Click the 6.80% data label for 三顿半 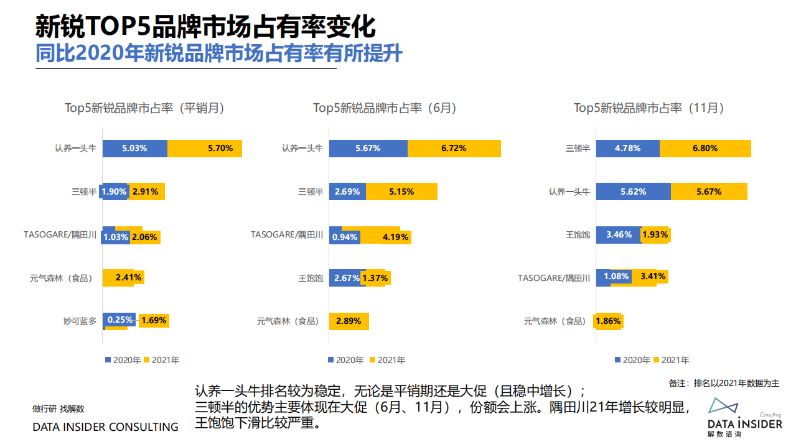tap(705, 149)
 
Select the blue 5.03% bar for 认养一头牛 tap(134, 149)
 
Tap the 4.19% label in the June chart tap(395, 237)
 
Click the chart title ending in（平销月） tap(144, 108)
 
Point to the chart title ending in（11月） tap(649, 108)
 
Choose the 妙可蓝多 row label tap(80, 321)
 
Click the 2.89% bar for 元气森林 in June tap(349, 321)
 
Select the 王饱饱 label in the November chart tap(578, 235)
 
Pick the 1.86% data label tap(608, 321)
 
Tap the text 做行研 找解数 tap(58, 408)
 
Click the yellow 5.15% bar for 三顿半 tap(401, 191)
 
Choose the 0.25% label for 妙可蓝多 tap(120, 320)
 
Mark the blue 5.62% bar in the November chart tap(633, 191)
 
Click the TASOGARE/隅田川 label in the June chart tap(287, 235)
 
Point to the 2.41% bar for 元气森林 tap(123, 277)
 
